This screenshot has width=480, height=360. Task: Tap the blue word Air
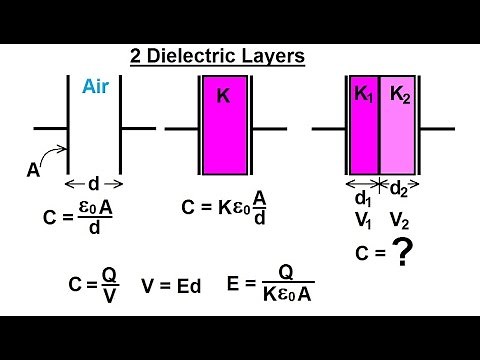click(95, 86)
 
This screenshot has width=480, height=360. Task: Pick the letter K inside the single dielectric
click(224, 97)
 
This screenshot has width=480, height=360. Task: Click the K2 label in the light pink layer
click(398, 95)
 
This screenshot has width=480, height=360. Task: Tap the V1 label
click(363, 221)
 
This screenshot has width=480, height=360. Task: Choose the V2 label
click(399, 221)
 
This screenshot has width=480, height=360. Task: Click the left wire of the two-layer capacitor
click(329, 129)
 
